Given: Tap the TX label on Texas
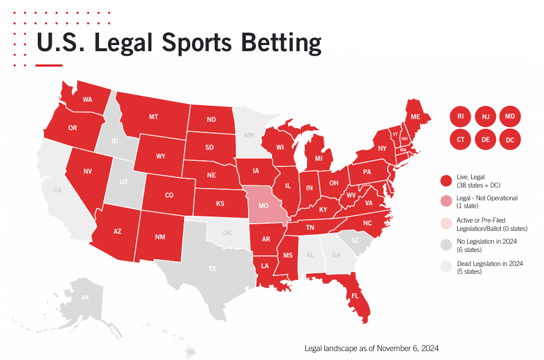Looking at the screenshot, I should [212, 269].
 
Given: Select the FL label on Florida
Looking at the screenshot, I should [354, 296].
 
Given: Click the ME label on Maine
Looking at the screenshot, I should [416, 117].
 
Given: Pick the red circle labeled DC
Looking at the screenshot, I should [510, 140].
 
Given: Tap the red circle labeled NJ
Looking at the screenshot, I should [486, 116].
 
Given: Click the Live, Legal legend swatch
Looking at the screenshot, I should [446, 180].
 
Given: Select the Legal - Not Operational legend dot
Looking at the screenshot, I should [446, 201].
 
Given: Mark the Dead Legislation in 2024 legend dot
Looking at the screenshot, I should [446, 267].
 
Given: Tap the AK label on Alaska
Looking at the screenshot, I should [85, 298].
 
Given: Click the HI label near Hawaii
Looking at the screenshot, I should [191, 352].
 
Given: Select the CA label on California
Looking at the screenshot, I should [57, 190].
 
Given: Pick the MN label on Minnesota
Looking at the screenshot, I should [249, 135].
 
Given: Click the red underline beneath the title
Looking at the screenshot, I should [49, 65].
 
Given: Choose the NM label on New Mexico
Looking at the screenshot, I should [160, 237].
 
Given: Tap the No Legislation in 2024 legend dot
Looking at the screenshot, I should [446, 245].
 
